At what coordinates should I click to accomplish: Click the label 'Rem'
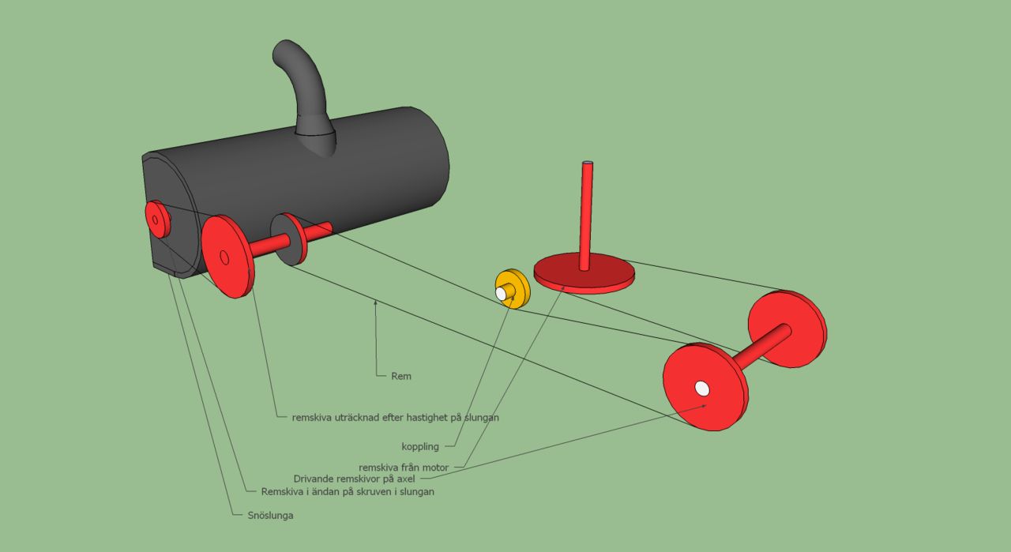pos(401,377)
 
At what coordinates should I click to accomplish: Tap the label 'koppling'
pos(420,447)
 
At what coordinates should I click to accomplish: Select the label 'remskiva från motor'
pos(404,468)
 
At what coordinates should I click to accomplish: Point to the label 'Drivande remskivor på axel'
pos(355,479)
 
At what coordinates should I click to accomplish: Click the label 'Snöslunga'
pos(270,516)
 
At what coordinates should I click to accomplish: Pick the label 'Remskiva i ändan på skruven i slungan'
pos(348,491)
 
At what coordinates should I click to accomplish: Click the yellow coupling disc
pos(513,288)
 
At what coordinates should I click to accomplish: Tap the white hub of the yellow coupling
pos(501,294)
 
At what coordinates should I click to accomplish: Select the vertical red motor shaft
pos(586,216)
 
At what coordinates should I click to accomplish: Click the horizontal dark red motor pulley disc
pos(584,274)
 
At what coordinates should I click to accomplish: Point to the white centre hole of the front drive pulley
pos(702,389)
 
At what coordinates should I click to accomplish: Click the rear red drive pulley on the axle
pos(787,329)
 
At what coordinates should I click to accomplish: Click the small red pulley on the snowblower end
pos(157,219)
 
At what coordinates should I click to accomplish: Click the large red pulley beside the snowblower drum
pos(227,256)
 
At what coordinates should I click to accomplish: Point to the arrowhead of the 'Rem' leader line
pos(375,302)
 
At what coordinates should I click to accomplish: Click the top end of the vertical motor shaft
pos(587,163)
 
